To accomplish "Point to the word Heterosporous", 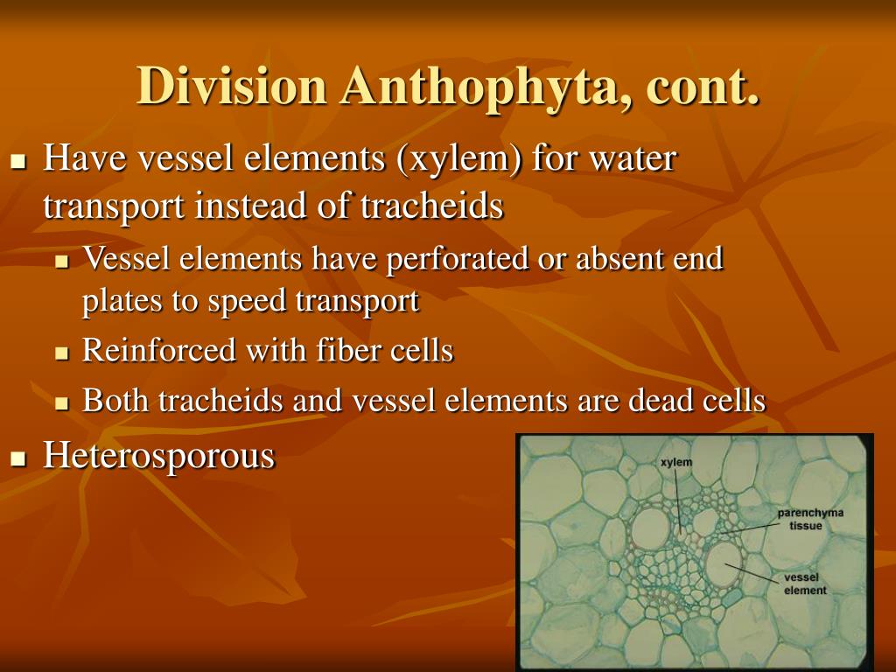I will [x=159, y=456].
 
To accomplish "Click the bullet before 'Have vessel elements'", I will [x=18, y=162].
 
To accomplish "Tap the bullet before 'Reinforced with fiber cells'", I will [x=61, y=353].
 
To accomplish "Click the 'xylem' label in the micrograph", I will [x=676, y=461].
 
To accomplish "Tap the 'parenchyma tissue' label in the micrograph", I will [x=810, y=519].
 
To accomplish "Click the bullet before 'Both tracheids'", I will [x=61, y=403].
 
